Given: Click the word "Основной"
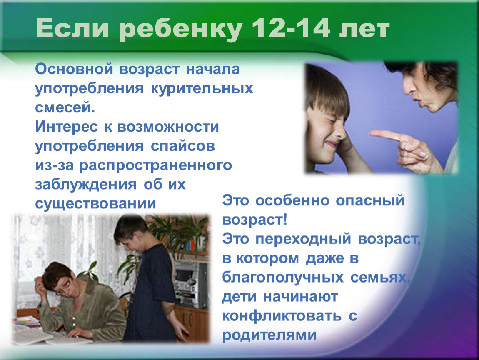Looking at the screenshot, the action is tap(74, 69).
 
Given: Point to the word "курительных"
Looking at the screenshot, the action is tap(202, 89).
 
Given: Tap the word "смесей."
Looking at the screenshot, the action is tap(65, 108).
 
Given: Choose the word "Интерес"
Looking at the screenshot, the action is tap(66, 127).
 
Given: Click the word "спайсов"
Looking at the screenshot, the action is tap(183, 146).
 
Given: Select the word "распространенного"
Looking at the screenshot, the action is tap(155, 166).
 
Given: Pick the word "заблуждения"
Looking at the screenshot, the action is tap(85, 185).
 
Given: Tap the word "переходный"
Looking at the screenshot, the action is tap(303, 239).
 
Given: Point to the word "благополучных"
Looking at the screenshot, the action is tap(282, 277).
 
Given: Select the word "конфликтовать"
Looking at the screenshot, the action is tap(281, 316).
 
